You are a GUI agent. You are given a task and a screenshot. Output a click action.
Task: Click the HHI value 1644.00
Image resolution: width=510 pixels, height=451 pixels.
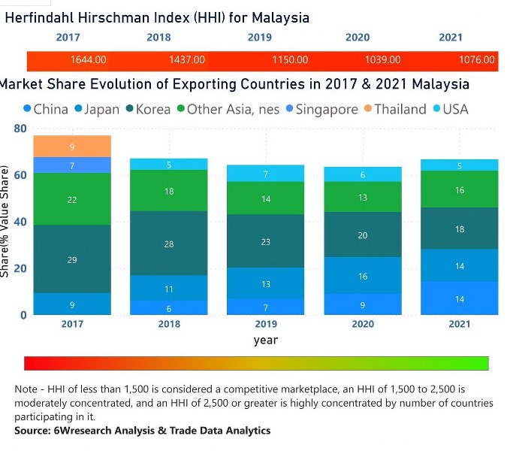tap(88, 59)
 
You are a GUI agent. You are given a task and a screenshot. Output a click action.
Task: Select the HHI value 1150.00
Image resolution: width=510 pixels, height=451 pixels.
tap(290, 59)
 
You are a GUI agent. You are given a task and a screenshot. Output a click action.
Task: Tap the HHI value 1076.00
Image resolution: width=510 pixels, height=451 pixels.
tap(477, 59)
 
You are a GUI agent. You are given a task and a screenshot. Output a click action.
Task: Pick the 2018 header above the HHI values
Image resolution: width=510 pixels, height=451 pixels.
tap(158, 37)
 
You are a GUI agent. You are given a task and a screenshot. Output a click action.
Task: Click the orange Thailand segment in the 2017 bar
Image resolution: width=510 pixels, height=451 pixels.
tap(72, 147)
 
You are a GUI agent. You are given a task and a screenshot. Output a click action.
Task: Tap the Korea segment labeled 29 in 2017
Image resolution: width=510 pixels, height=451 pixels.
tap(72, 259)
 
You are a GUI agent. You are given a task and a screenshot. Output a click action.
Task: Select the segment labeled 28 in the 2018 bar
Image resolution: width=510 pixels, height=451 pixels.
tap(169, 244)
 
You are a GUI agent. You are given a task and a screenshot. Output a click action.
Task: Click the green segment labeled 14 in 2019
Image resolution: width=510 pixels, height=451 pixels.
tap(266, 198)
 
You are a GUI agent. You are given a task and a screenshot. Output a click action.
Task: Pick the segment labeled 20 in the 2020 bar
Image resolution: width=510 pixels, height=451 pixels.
tap(363, 235)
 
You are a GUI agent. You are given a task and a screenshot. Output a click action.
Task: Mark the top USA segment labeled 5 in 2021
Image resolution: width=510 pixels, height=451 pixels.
tap(460, 165)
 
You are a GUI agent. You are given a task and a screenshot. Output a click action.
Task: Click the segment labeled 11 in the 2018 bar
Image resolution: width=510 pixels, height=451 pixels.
tap(169, 289)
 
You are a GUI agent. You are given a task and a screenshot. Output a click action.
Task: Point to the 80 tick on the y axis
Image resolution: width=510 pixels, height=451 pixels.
tap(20, 129)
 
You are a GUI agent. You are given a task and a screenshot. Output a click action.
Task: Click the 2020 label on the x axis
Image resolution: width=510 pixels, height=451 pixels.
tap(363, 324)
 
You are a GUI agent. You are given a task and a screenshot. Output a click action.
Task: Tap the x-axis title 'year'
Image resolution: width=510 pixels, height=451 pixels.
tap(266, 341)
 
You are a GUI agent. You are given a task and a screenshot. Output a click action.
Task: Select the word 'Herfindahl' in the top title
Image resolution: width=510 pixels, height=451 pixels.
tap(43, 17)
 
